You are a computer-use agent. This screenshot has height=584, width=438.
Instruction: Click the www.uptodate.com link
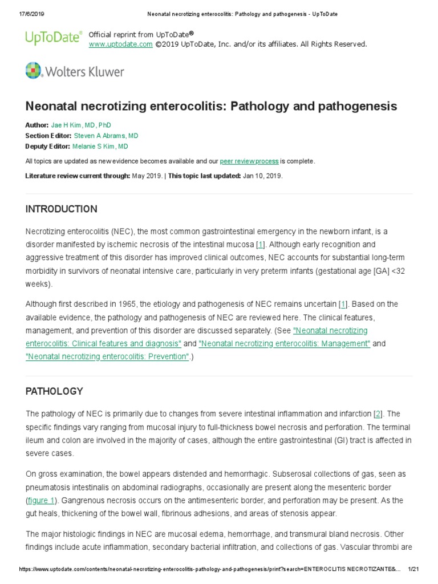coord(120,44)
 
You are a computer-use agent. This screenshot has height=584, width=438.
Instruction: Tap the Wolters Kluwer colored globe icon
coord(34,71)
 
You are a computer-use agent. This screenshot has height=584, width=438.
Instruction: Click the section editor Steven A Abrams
coord(106,136)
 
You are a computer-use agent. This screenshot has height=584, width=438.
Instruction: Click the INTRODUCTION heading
coord(61,209)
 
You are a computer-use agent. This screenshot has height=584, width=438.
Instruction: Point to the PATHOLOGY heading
coord(54,391)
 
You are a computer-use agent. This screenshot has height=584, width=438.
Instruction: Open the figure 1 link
coord(42,500)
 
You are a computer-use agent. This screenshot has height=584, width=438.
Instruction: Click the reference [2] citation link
coord(378,413)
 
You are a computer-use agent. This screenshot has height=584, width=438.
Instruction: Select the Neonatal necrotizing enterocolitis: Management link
coord(285,343)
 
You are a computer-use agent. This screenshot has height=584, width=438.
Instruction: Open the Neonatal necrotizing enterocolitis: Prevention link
coord(107,356)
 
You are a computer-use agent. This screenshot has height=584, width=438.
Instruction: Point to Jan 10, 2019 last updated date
coord(262,176)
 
